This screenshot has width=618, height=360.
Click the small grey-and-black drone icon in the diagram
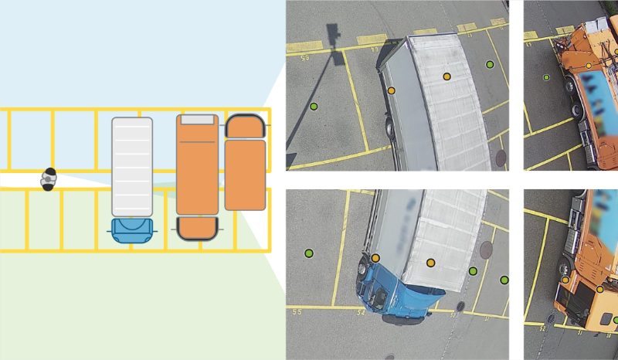(49, 179)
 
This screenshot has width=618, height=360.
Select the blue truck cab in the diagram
(132, 230)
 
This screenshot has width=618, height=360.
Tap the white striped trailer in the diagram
(132, 165)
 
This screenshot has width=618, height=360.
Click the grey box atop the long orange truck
(198, 120)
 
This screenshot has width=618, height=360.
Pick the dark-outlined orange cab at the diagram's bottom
(197, 228)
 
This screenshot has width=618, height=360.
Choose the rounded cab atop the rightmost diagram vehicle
(246, 125)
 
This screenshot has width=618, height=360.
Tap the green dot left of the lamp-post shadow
(314, 106)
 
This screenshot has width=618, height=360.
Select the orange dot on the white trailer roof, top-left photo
(447, 76)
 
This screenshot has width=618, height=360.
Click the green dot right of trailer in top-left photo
(490, 64)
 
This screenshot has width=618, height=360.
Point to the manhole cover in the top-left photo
(501, 158)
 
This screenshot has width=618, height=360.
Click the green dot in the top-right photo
(546, 77)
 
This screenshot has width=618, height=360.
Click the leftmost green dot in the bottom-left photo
(308, 253)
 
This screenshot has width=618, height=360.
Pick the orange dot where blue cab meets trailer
(375, 258)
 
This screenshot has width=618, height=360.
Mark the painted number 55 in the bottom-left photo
(297, 312)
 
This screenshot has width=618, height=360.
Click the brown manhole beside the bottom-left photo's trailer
(486, 250)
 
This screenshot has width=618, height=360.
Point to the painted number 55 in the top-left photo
(304, 58)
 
